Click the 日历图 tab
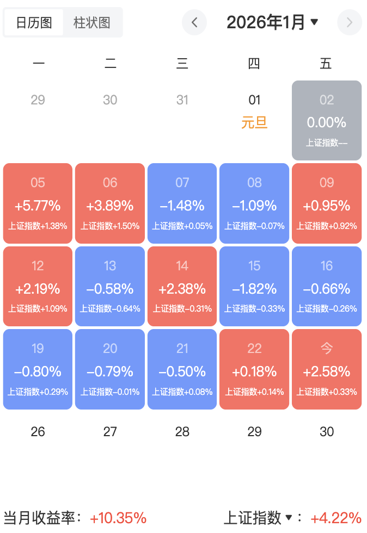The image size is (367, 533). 34,22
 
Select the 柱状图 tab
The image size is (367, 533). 92,22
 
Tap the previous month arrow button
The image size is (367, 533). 194,22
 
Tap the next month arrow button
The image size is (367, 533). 350,22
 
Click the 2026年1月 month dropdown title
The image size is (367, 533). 272,22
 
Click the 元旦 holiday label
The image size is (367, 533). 254,122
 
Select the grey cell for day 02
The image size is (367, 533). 327,120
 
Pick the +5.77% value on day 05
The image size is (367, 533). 38,206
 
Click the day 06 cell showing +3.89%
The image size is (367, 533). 110,203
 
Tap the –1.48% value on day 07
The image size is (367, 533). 182,206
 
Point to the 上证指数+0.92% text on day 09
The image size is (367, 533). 327,226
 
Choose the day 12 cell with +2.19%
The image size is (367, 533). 38,286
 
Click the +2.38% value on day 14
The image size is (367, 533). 182,289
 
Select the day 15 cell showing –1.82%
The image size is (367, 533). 254,286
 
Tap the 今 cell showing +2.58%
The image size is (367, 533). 327,369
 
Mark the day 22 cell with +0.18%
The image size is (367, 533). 254,369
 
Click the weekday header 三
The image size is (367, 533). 182,64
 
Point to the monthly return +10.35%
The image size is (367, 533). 118,517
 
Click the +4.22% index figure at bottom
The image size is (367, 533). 336,517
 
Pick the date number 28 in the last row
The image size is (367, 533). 182,432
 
